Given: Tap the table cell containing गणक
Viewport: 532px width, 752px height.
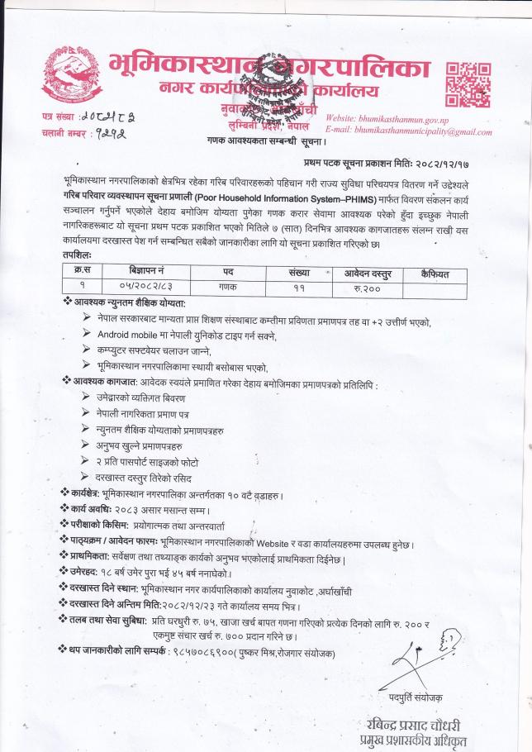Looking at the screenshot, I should pos(227,286).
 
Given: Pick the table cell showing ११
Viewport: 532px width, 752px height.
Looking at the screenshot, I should pos(298,286).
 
